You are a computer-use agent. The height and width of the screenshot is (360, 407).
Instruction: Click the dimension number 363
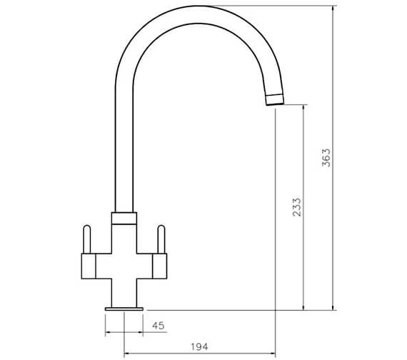(x=326, y=158)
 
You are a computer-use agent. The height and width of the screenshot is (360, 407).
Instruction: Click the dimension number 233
(x=297, y=207)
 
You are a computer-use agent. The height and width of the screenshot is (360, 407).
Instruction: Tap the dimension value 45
(x=159, y=326)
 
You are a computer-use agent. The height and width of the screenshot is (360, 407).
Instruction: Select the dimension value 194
(x=199, y=346)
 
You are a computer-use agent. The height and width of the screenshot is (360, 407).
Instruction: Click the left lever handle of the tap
(x=86, y=239)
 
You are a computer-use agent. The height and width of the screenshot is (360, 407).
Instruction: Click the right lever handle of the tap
(x=161, y=239)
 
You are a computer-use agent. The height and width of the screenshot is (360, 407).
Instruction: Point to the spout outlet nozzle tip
(x=275, y=99)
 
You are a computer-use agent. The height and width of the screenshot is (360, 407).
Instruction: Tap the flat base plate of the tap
(x=124, y=309)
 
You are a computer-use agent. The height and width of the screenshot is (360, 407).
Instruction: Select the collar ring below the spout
(x=124, y=218)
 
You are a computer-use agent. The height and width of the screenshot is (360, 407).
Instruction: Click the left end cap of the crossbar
(x=89, y=266)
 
